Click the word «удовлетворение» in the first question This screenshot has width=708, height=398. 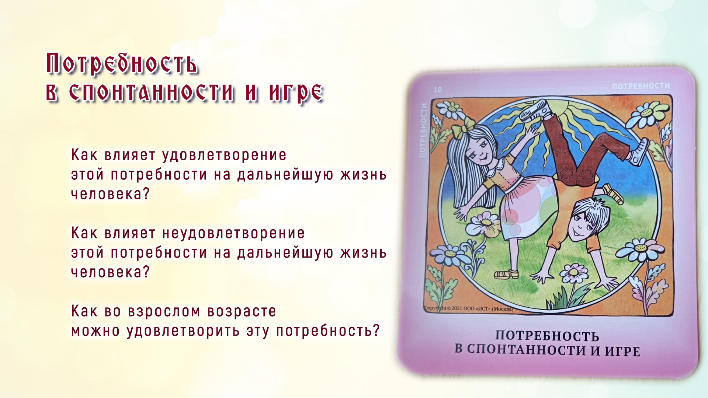coord(224,156)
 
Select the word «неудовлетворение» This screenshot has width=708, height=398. coord(233,234)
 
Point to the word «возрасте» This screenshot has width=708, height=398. coord(242,312)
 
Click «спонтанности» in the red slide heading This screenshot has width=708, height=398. coord(152,92)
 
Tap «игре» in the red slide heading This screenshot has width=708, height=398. coord(296,92)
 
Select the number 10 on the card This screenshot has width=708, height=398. coord(438,90)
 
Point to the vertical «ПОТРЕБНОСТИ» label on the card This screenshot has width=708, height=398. coord(423,130)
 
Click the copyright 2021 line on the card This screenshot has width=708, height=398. coord(469,308)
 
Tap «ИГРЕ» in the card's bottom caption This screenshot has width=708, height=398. coord(622,351)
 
